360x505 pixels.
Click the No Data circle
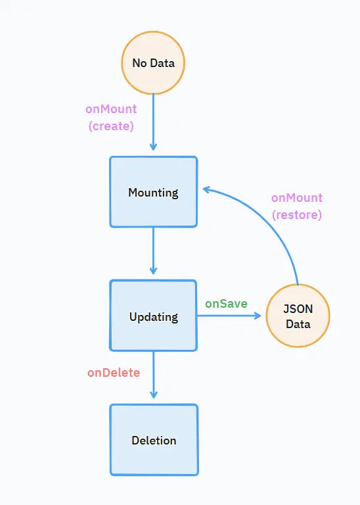point(153,63)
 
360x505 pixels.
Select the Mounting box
point(154,192)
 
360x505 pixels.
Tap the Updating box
point(154,316)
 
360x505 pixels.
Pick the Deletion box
point(154,440)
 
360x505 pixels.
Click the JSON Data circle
point(298,316)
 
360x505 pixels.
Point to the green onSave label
point(226,303)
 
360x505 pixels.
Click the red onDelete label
point(114,373)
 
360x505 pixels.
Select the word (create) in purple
point(111,126)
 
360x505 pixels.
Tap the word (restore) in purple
point(297,215)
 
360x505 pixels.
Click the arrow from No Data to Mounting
point(153,122)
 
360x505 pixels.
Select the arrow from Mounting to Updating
point(153,251)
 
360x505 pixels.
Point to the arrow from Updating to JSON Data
point(229,316)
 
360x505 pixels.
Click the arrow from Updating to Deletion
point(154,375)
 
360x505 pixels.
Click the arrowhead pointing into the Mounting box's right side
point(206,189)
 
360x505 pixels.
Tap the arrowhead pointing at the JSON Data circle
point(258,316)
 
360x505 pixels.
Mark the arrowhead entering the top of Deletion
point(154,395)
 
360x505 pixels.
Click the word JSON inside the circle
point(298,309)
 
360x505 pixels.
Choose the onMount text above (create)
point(111,109)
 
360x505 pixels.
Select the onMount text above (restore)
point(297,198)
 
